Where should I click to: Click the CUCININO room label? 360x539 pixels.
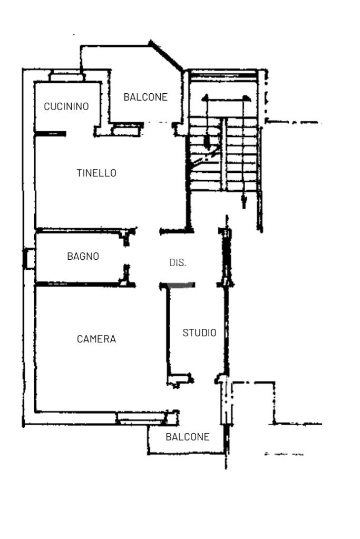pyautogui.click(x=66, y=106)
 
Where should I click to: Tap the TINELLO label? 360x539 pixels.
pyautogui.click(x=96, y=173)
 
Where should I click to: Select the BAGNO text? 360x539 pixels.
pyautogui.click(x=83, y=256)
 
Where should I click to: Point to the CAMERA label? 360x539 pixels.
pyautogui.click(x=96, y=339)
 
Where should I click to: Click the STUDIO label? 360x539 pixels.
pyautogui.click(x=199, y=333)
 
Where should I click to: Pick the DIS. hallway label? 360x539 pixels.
pyautogui.click(x=178, y=262)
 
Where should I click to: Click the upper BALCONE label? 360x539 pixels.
pyautogui.click(x=145, y=97)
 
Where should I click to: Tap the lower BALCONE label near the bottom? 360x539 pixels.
pyautogui.click(x=188, y=437)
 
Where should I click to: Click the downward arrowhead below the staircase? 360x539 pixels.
pyautogui.click(x=244, y=201)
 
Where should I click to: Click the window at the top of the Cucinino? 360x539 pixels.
pyautogui.click(x=67, y=76)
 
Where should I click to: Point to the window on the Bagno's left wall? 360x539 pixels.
pyautogui.click(x=29, y=259)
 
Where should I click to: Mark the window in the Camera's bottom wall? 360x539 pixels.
pyautogui.click(x=141, y=417)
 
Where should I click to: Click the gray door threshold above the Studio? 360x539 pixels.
pyautogui.click(x=181, y=285)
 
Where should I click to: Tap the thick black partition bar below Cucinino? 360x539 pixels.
pyautogui.click(x=51, y=134)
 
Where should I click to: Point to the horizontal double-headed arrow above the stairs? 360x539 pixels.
pyautogui.click(x=226, y=99)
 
